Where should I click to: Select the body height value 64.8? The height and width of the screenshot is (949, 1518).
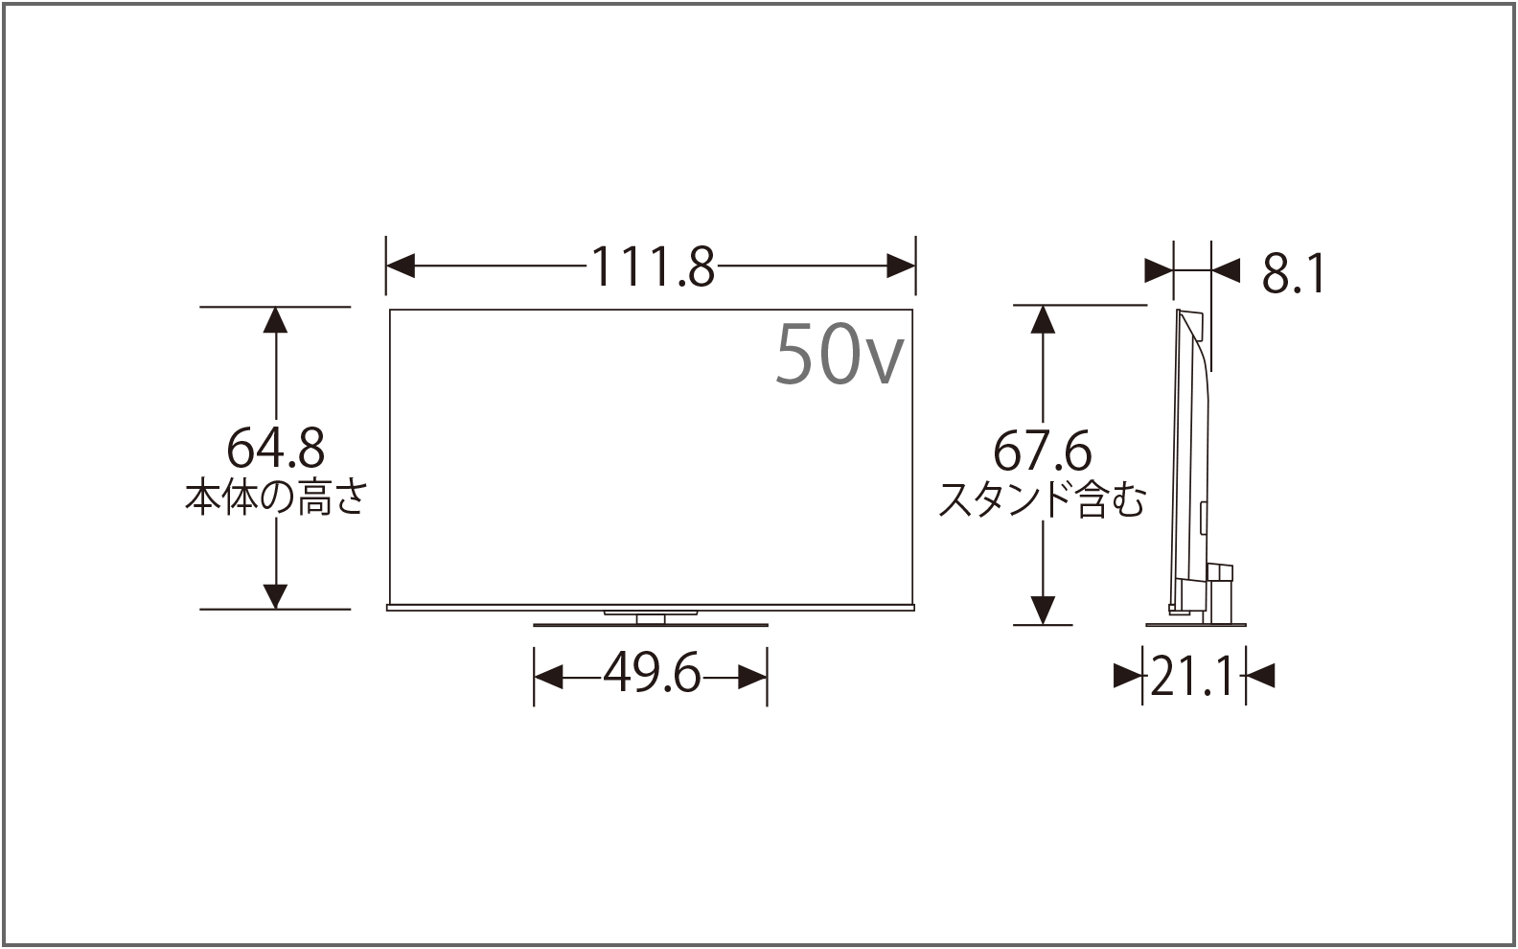[275, 448]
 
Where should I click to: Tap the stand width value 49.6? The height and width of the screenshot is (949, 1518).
[651, 678]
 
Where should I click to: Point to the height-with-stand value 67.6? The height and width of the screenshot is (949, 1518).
[1042, 450]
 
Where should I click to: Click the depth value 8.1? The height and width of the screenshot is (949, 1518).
[1293, 275]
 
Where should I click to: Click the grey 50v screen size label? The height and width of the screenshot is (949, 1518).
[839, 353]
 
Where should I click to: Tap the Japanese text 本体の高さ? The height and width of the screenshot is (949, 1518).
[275, 498]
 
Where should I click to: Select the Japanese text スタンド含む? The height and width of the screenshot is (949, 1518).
[1042, 499]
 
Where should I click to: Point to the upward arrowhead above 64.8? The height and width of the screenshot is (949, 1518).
[276, 320]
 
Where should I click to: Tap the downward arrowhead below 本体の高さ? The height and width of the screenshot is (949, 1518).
[276, 595]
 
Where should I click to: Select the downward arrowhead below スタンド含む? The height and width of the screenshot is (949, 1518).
[1043, 610]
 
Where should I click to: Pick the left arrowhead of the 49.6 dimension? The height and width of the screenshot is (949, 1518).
[548, 678]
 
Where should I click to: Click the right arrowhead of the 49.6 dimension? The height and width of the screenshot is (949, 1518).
[753, 678]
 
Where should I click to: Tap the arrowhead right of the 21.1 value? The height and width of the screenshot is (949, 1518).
[1261, 677]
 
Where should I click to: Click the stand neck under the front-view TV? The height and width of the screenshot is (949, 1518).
[651, 619]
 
